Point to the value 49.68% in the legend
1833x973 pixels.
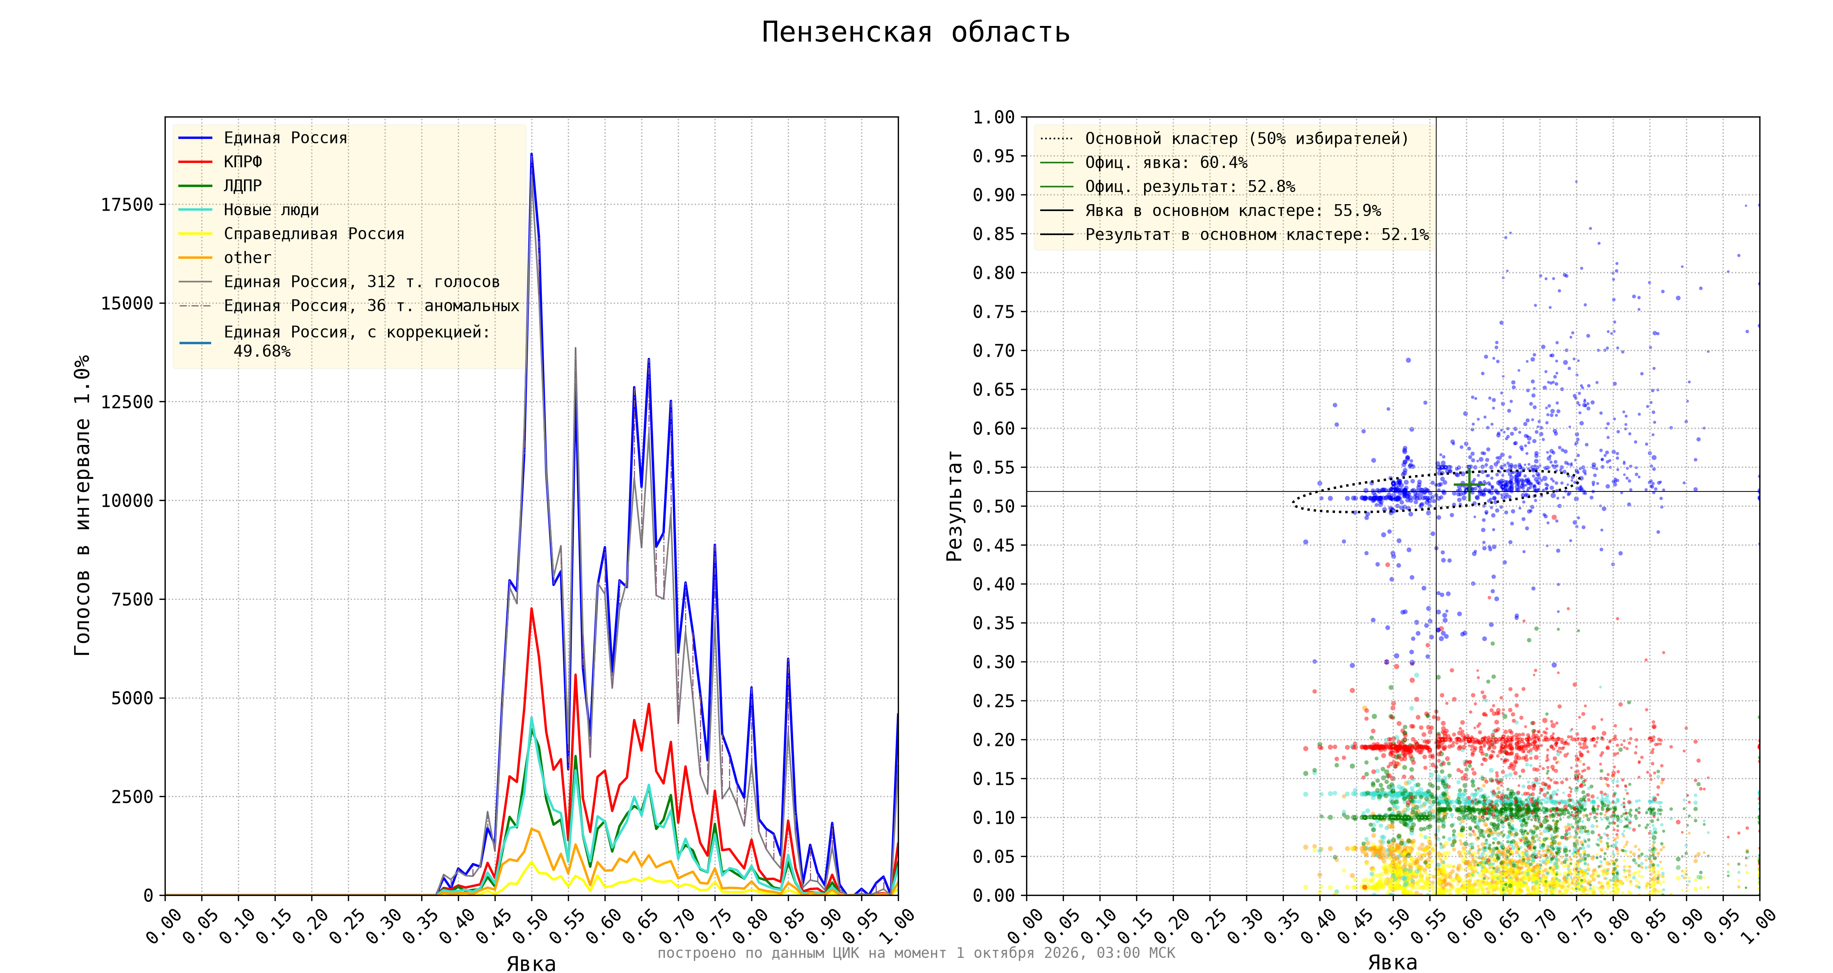(262, 351)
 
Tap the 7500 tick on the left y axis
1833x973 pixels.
(133, 599)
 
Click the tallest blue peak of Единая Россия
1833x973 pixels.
(531, 154)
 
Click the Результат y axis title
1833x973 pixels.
(954, 506)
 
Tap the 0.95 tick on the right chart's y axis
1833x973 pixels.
(994, 156)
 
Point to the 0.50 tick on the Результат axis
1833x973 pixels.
(994, 506)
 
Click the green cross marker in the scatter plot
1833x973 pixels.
(1469, 485)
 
